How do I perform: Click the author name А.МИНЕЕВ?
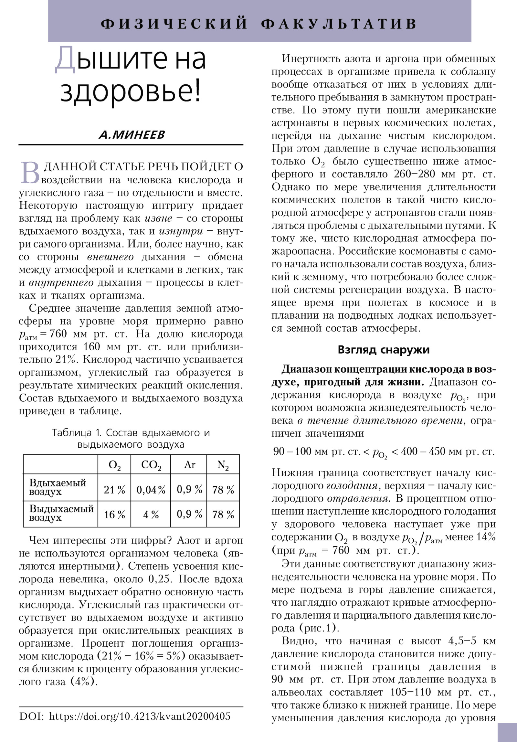132,134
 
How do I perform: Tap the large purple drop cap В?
30,173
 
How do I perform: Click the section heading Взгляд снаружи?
384,350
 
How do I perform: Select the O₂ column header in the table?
114,465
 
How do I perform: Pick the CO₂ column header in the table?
151,465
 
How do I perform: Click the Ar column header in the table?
190,465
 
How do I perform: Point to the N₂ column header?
223,465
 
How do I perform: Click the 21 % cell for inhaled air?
114,490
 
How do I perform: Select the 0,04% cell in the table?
151,490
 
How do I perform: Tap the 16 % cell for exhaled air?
114,514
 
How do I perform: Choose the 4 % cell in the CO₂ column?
151,514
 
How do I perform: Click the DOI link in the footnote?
140,716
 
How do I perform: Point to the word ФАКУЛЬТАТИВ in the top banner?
339,24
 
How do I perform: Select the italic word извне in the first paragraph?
158,218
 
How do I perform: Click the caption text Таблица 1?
77,432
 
